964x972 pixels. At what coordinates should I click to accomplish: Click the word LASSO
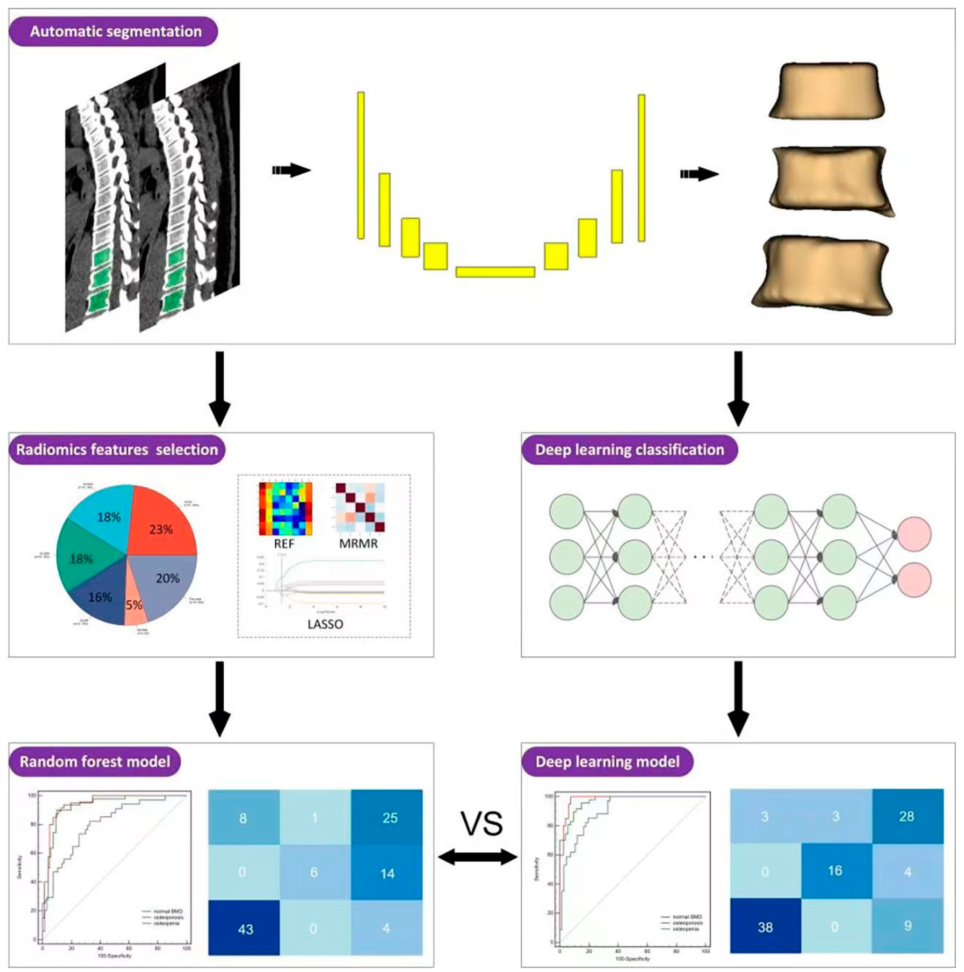point(325,624)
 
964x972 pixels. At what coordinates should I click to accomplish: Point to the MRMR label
point(358,544)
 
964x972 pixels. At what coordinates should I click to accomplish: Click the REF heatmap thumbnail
point(285,509)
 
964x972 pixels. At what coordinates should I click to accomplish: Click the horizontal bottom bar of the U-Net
point(495,272)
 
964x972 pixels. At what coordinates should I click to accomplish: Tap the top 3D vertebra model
point(826,90)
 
